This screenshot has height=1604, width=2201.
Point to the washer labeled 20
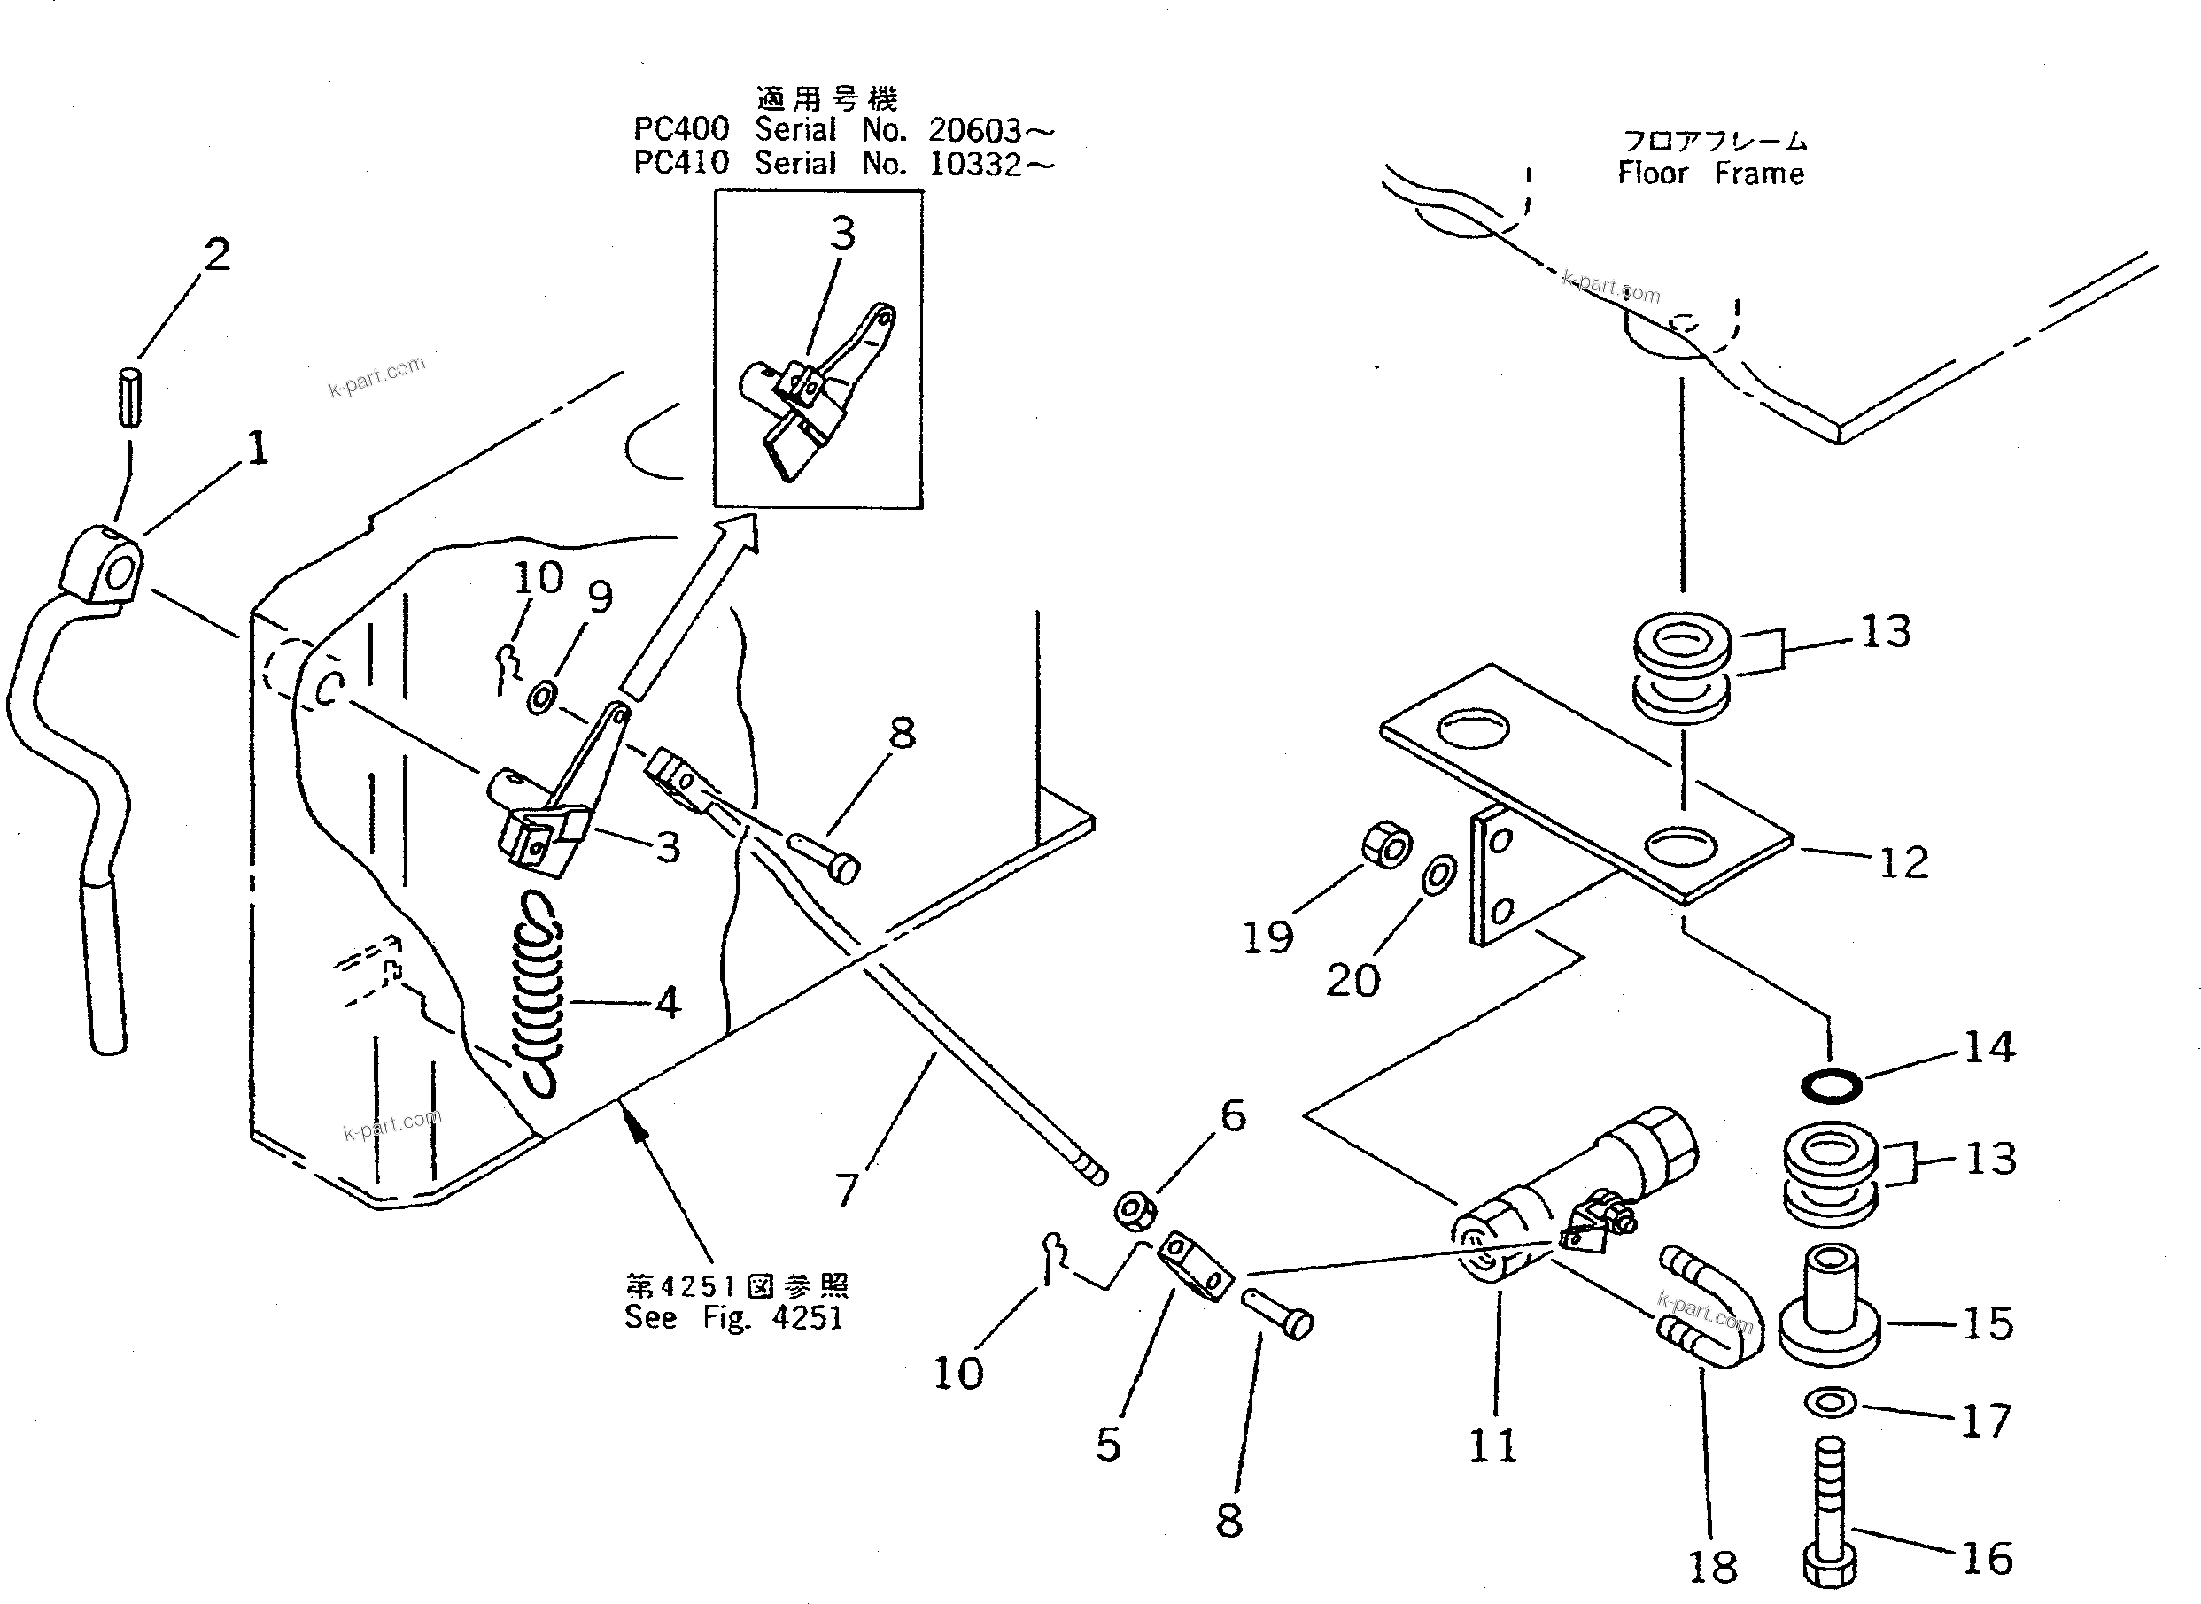(x=1438, y=875)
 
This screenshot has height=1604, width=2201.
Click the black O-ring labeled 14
(x=1831, y=1085)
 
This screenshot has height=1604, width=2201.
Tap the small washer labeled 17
(x=1830, y=1402)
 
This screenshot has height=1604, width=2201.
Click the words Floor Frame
(x=1710, y=174)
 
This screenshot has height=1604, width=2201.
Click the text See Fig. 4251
(x=733, y=1317)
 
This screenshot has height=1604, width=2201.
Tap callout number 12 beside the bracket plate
(x=1903, y=862)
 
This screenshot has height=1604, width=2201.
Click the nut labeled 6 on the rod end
(x=1135, y=1210)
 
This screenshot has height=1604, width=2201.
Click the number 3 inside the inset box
(x=842, y=234)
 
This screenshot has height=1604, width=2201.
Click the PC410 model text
(x=681, y=163)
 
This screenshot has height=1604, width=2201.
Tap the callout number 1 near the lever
(x=258, y=449)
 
